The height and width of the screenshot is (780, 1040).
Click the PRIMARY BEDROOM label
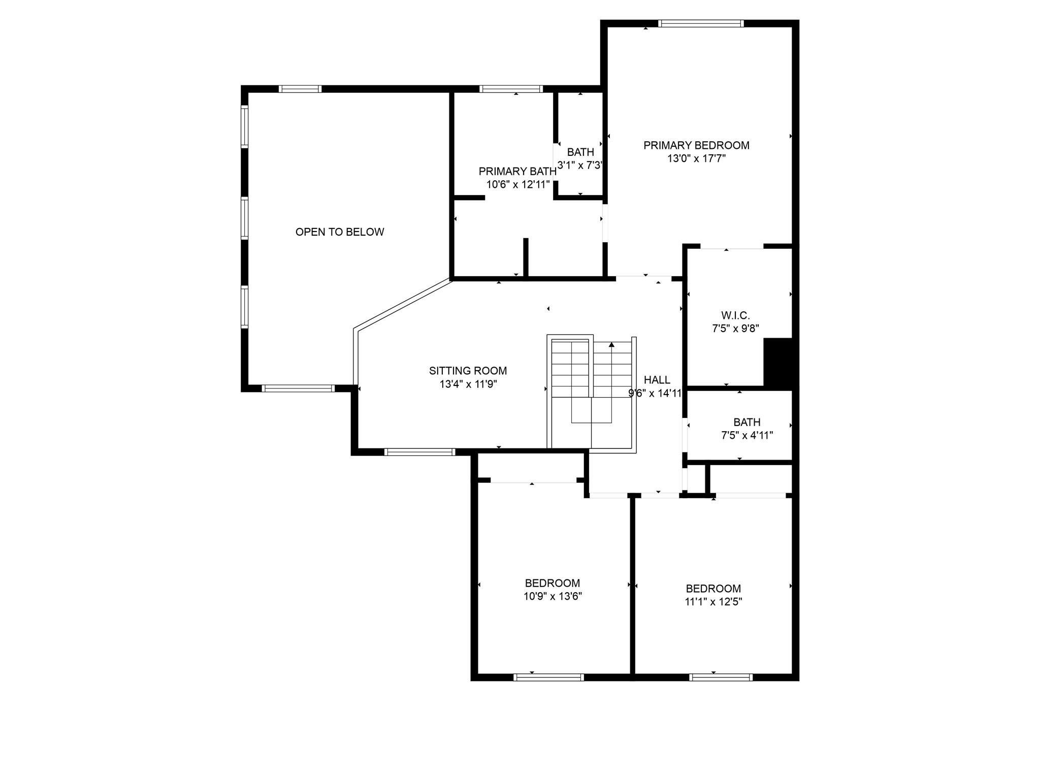tap(696, 145)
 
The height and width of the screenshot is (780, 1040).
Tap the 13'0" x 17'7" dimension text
tap(696, 158)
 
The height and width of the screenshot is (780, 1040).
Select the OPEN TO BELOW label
tap(340, 232)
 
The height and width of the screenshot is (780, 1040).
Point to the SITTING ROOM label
tap(468, 371)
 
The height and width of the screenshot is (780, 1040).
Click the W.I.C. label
tap(735, 315)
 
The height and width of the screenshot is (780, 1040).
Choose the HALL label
tap(657, 380)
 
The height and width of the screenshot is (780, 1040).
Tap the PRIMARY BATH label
tap(517, 171)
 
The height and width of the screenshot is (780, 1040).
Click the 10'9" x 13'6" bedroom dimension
tap(552, 596)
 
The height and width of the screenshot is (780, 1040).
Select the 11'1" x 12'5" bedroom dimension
tap(713, 602)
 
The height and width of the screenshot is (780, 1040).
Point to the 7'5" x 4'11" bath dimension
tap(747, 435)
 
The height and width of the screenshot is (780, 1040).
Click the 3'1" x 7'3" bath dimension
tap(580, 165)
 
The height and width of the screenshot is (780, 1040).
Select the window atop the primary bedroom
tap(701, 23)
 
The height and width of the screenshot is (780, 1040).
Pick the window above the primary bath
tap(511, 89)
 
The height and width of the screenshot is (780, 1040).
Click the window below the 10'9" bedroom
tap(548, 677)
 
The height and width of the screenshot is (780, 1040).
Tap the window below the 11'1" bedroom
tap(721, 677)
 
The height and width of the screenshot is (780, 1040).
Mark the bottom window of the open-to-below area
tap(298, 388)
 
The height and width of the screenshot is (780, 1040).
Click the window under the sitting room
tap(420, 452)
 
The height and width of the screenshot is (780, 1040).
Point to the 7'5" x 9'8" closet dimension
tap(735, 329)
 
